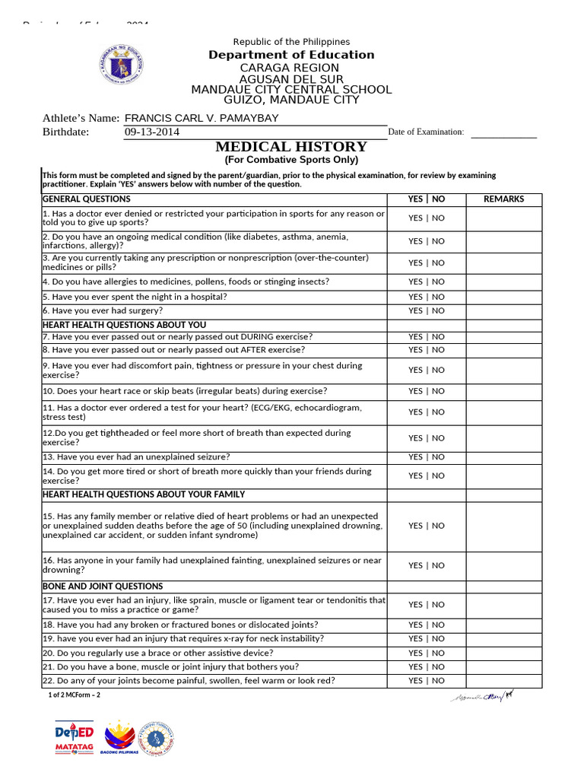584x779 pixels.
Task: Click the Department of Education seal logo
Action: pos(121,65)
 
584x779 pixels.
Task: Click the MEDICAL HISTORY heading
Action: pos(291,147)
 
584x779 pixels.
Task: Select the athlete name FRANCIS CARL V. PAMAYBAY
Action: pos(202,118)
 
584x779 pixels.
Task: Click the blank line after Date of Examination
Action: pos(503,132)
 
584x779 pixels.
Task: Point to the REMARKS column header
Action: pos(503,199)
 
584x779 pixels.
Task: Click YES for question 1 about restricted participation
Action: pos(415,218)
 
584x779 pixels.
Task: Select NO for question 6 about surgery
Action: pos(439,310)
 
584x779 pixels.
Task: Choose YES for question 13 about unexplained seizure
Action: pos(415,457)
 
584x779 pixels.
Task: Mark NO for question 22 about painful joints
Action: pos(439,681)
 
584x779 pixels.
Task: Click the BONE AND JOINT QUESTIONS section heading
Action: pos(103,587)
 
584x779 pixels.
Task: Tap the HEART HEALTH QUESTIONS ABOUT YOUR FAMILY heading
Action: pos(144,494)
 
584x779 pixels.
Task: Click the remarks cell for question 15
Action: pos(503,526)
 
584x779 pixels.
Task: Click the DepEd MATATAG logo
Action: pos(75,739)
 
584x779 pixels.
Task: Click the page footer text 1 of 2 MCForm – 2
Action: pos(75,695)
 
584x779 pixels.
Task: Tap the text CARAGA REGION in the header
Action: pos(291,68)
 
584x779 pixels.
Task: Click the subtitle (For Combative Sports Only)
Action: pos(291,161)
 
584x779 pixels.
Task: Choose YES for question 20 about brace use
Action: pos(415,653)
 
